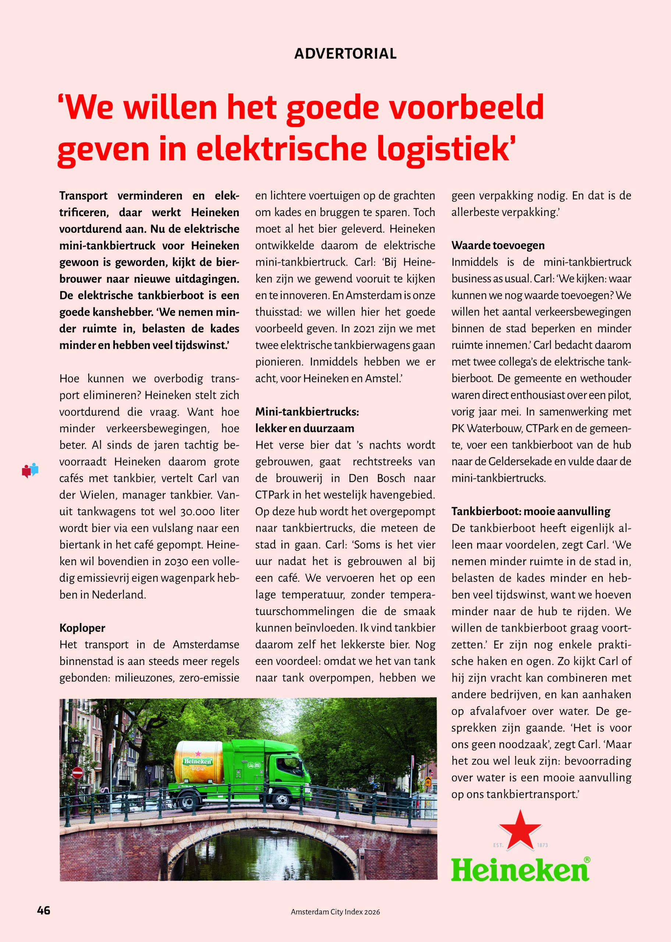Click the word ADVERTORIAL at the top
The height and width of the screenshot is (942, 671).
pyautogui.click(x=345, y=54)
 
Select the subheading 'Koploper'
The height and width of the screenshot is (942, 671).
pyautogui.click(x=82, y=628)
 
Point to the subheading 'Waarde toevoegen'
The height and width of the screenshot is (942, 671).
pyautogui.click(x=498, y=245)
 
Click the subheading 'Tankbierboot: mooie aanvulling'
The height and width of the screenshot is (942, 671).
pyautogui.click(x=530, y=511)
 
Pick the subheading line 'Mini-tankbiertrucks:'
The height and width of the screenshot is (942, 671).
pyautogui.click(x=307, y=411)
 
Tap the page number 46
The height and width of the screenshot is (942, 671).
pyautogui.click(x=43, y=911)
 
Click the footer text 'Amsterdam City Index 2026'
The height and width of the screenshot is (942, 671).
pyautogui.click(x=335, y=912)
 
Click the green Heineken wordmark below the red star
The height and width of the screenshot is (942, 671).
pyautogui.click(x=520, y=869)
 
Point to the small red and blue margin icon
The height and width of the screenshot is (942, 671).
pyautogui.click(x=30, y=470)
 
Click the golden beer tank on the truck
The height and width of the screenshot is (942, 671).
pyautogui.click(x=198, y=763)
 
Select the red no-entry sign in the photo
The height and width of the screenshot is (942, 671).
pyautogui.click(x=78, y=773)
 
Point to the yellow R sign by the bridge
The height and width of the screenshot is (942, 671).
pyautogui.click(x=428, y=782)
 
